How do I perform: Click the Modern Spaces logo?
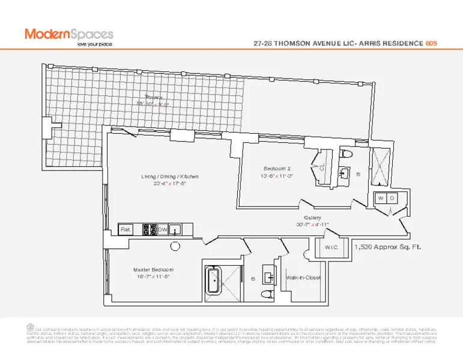click(68, 34)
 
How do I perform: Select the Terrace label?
click(154, 97)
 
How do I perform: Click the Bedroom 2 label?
click(277, 168)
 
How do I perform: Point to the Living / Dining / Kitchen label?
click(170, 177)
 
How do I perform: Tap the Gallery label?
click(312, 218)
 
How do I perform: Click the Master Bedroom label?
click(153, 270)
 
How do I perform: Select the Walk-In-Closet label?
click(303, 278)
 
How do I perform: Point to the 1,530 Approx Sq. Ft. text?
click(387, 247)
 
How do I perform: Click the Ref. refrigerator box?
click(126, 230)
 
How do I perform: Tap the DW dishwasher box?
click(163, 229)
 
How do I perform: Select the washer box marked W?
click(381, 198)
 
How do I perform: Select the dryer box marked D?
click(392, 198)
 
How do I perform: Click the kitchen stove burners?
click(148, 229)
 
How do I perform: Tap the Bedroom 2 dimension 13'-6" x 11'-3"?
click(277, 176)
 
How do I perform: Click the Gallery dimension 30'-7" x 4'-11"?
click(312, 225)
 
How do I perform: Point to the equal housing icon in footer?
click(31, 327)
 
